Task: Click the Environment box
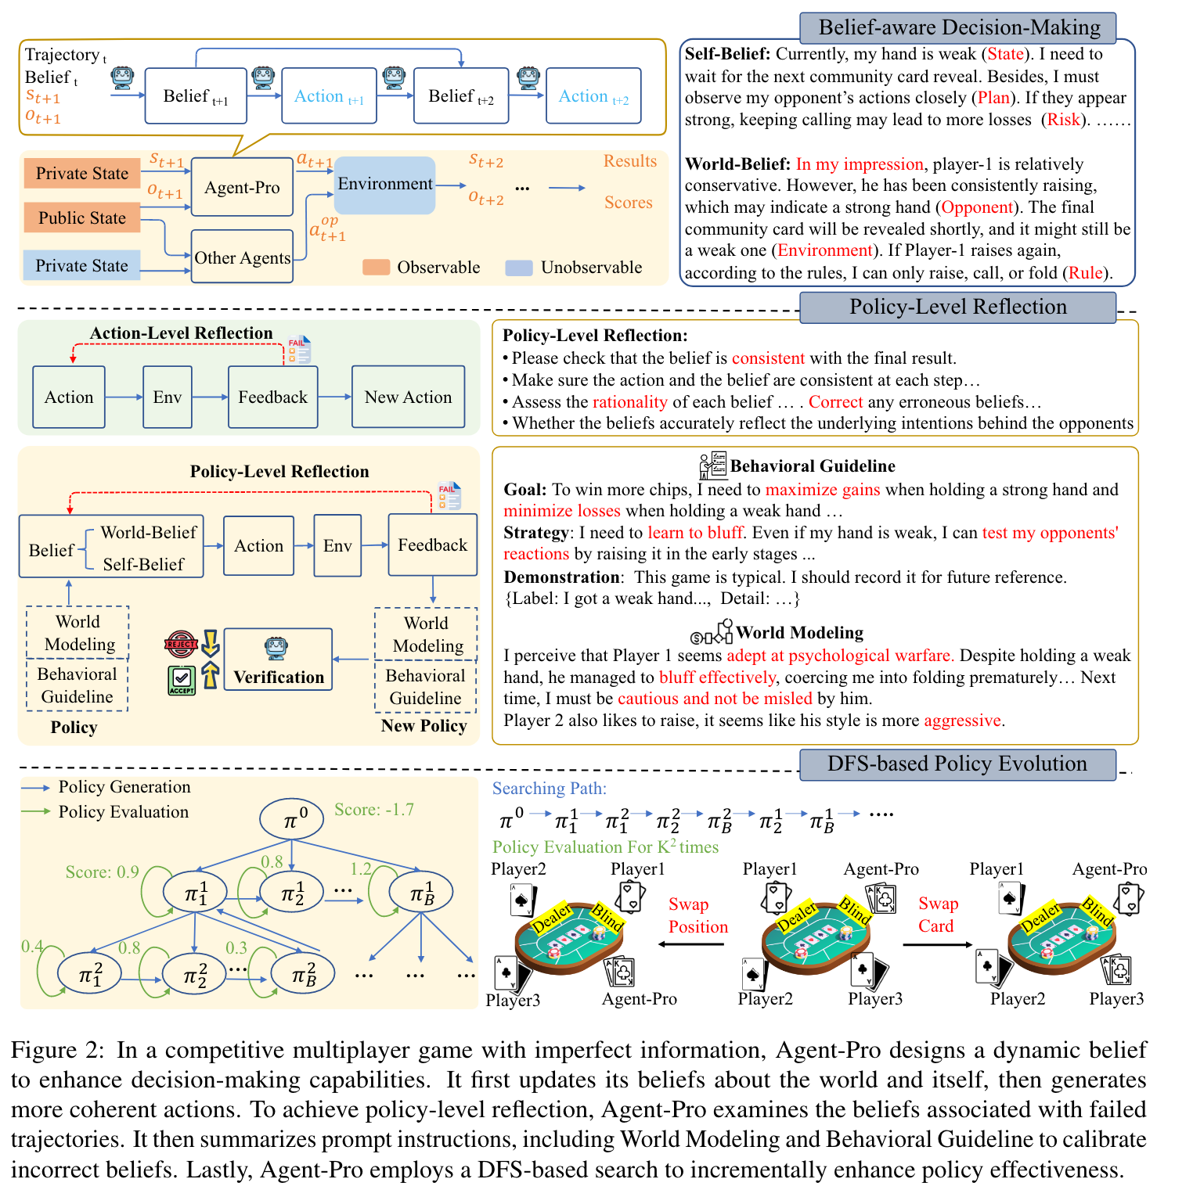coord(384,185)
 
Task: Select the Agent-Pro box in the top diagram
coord(242,188)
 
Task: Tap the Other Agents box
coord(242,257)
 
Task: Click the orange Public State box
coord(81,218)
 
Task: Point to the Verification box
coord(278,660)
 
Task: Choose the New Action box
coord(408,397)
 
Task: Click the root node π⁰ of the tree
coord(292,819)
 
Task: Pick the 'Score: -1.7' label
coord(373,810)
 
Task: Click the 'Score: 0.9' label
coord(102,872)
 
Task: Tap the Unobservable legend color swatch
coord(519,268)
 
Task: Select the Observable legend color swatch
coord(376,268)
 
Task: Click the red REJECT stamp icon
coord(181,644)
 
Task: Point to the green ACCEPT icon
coord(182,679)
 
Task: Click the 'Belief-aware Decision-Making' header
coord(958,28)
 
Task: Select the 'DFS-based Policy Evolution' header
coord(957,764)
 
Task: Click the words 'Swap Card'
coord(937,915)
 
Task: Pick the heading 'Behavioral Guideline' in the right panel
coord(813,466)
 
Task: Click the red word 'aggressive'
coord(962,721)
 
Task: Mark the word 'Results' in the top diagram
coord(629,161)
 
